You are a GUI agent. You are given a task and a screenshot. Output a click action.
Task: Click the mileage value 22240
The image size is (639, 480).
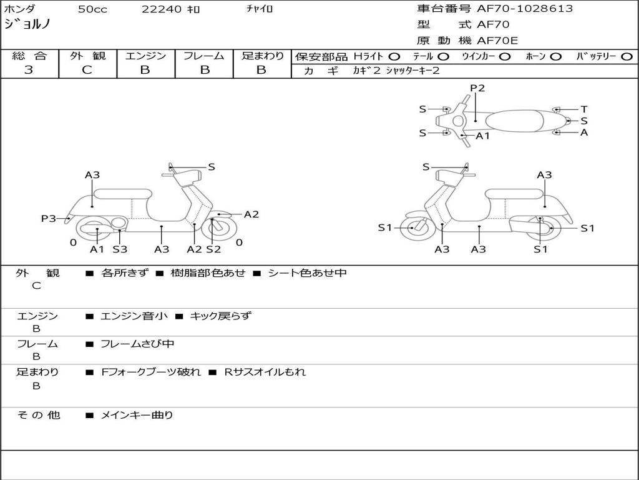click(x=162, y=9)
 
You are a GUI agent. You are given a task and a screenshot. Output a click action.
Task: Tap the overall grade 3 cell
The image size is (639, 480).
click(x=29, y=70)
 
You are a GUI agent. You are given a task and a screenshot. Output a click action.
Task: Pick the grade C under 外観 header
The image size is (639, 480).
click(x=87, y=70)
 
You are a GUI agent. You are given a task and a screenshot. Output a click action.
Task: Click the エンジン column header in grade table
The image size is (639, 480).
click(x=145, y=56)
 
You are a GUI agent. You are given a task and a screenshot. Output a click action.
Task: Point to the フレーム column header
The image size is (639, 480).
click(x=203, y=56)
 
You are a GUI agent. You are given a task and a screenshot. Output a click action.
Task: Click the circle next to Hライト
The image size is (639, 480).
click(x=394, y=57)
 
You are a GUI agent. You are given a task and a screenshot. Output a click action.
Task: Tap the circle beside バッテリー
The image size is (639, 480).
click(x=627, y=57)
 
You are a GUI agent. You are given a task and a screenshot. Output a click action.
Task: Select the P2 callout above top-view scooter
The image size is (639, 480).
click(x=477, y=88)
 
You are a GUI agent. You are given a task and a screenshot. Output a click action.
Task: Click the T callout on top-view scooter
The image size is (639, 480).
click(x=584, y=109)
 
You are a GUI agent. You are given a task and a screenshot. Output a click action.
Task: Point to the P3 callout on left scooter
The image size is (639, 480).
click(x=48, y=219)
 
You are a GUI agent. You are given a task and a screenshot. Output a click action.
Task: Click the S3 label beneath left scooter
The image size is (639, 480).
click(x=120, y=249)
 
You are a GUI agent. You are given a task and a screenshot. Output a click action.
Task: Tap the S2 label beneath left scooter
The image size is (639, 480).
click(x=213, y=249)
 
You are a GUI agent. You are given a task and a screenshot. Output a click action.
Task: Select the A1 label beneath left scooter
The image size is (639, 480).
click(x=97, y=249)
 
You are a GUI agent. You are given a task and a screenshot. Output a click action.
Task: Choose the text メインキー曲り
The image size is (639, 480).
click(x=137, y=415)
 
